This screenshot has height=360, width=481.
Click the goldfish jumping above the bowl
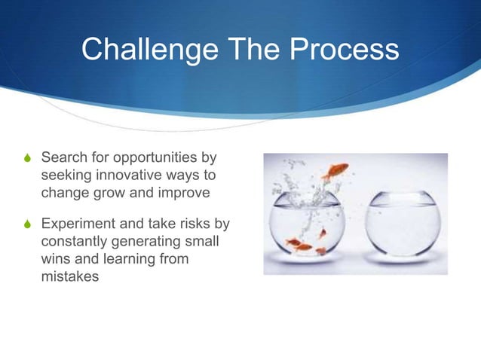pyautogui.click(x=335, y=171)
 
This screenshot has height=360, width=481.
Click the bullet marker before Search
pyautogui.click(x=28, y=160)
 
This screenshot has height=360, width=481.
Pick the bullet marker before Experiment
pyautogui.click(x=28, y=225)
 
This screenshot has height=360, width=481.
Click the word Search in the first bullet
pyautogui.click(x=63, y=159)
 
